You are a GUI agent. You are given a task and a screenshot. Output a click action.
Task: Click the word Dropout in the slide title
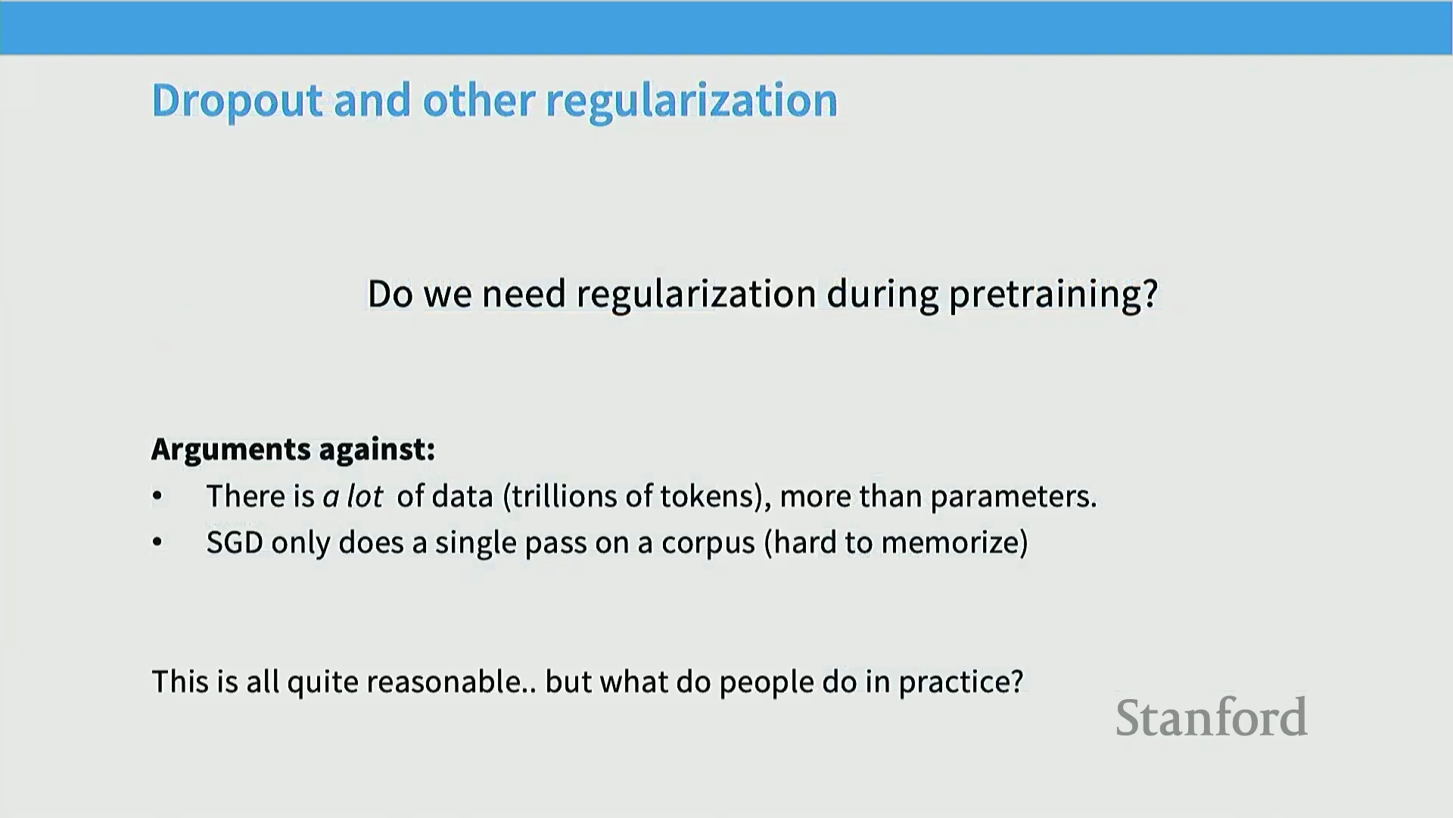(238, 101)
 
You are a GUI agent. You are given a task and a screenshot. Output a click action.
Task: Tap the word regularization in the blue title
(691, 101)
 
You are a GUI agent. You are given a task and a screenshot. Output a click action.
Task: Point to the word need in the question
(524, 294)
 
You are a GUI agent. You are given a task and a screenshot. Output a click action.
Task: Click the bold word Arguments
(231, 450)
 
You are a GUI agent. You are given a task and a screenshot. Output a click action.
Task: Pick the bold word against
(375, 450)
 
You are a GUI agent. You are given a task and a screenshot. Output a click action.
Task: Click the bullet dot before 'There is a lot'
(157, 497)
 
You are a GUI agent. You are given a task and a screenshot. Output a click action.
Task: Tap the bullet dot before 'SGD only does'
(157, 543)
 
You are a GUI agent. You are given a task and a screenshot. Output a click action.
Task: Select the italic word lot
(365, 497)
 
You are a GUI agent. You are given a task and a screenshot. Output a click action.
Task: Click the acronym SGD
(235, 543)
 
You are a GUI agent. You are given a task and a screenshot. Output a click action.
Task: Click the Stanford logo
(1212, 717)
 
